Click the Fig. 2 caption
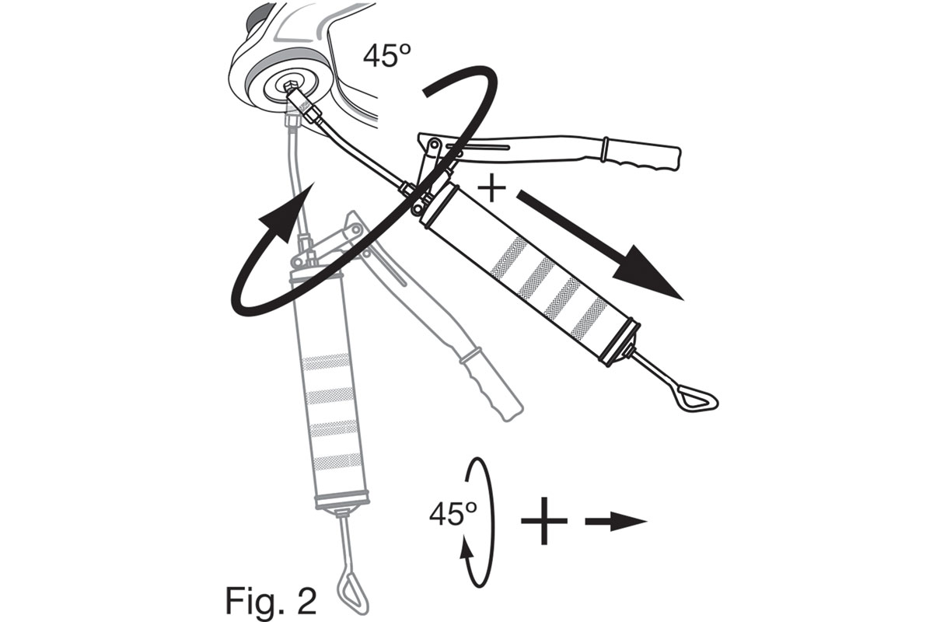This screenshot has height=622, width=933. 271,600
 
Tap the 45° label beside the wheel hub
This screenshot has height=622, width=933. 387,56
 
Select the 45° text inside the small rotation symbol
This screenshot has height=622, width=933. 453,514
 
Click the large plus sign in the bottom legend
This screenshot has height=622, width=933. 544,521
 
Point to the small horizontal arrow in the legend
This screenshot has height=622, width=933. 616,521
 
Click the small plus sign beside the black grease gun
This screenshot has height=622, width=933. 491,188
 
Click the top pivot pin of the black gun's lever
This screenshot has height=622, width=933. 434,145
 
